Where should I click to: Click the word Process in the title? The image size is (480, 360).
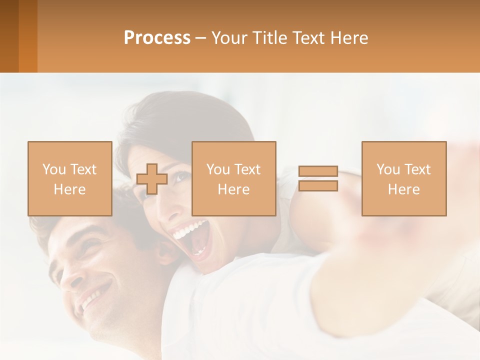pyautogui.click(x=157, y=38)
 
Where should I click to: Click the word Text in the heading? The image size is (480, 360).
pyautogui.click(x=306, y=38)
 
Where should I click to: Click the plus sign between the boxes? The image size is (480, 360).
pyautogui.click(x=152, y=179)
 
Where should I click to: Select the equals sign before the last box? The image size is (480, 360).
pyautogui.click(x=318, y=179)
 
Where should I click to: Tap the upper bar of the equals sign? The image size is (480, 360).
pyautogui.click(x=318, y=171)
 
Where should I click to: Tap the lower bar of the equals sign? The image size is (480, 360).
pyautogui.click(x=318, y=186)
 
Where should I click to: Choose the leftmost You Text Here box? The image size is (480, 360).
pyautogui.click(x=70, y=178)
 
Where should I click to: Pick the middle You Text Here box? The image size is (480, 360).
pyautogui.click(x=234, y=178)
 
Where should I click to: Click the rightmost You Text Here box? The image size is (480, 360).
pyautogui.click(x=404, y=178)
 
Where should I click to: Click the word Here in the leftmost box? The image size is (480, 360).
pyautogui.click(x=70, y=189)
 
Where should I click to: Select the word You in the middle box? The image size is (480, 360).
pyautogui.click(x=217, y=169)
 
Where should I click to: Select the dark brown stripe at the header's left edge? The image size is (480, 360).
pyautogui.click(x=9, y=36)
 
